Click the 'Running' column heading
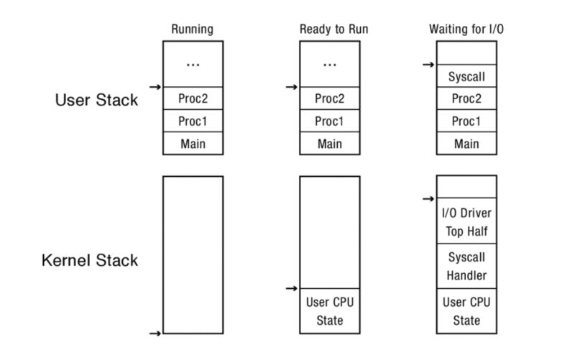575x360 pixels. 193,29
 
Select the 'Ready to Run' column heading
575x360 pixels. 329,29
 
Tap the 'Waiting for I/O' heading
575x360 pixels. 466,29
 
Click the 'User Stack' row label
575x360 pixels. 96,100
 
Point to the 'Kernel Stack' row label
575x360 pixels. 89,260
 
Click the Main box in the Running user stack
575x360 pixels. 193,144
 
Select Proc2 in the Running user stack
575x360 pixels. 193,98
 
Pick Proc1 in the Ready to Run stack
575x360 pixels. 329,121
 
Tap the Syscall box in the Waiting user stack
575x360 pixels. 466,76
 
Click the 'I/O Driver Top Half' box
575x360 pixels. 466,221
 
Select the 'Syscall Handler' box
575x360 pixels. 466,266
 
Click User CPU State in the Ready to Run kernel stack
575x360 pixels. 329,311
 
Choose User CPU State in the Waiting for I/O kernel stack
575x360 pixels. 466,311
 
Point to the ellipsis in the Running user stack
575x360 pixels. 193,65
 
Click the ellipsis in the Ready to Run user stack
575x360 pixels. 329,65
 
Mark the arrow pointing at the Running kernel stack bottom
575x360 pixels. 155,333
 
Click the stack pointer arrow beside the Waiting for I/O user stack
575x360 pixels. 428,65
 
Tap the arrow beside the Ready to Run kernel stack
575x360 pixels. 291,289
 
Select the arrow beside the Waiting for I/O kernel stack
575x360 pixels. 428,198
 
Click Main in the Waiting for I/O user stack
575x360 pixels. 466,144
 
